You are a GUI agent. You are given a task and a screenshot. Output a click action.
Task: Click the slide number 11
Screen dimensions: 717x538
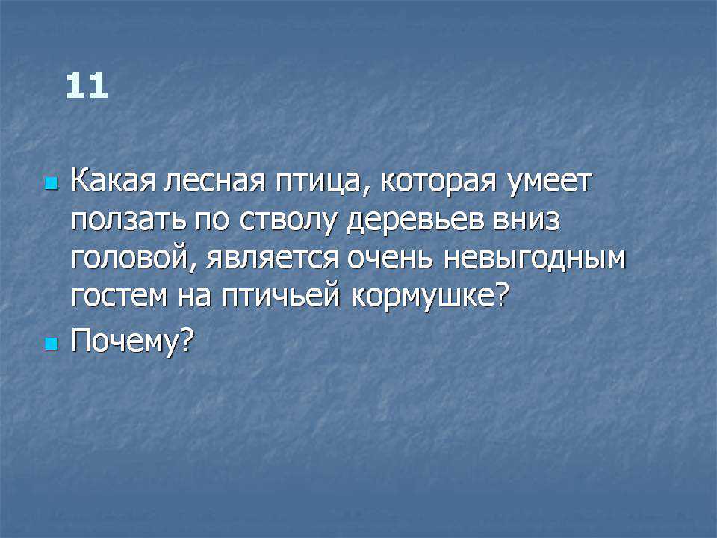87,85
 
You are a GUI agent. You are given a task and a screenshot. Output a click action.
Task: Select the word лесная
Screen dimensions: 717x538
215,182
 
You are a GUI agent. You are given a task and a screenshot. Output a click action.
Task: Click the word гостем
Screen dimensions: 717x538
119,297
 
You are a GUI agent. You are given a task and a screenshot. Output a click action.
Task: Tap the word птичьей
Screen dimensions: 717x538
282,297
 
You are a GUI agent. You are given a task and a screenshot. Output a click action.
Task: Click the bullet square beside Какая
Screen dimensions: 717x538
52,184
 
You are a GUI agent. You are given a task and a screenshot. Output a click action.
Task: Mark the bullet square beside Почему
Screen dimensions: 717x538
52,344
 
